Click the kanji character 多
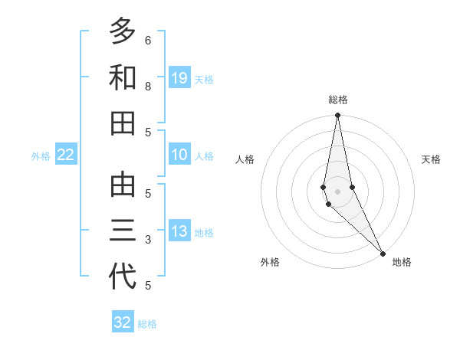pos(123,31)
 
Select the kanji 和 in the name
pos(123,77)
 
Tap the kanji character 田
pos(123,123)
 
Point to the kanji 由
pos(123,185)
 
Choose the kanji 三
pos(123,231)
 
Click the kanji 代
pos(123,277)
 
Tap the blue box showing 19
pos(179,77)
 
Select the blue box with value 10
pos(179,155)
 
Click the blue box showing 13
pos(179,231)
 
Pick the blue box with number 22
pos(66,155)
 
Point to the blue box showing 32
pos(123,322)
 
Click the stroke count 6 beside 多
pos(148,40)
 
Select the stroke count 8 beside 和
pos(148,87)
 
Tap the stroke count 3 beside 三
pos(148,240)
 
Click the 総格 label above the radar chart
pos(338,100)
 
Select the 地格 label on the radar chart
pos(402,262)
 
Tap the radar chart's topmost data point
pos(337,116)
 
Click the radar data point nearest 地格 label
pos(383,252)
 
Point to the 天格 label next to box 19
pos(204,79)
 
